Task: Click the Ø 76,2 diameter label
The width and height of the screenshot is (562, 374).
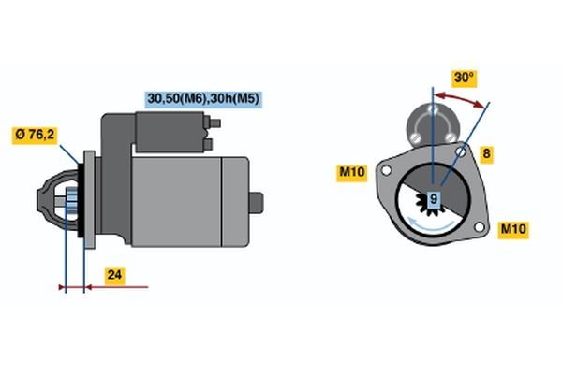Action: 35,136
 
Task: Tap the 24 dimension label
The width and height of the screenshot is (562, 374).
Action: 114,276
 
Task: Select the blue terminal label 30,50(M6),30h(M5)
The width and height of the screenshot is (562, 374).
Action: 203,99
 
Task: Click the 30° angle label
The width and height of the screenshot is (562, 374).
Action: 464,78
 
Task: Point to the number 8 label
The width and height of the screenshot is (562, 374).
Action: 486,154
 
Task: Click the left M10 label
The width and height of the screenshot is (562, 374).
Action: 351,172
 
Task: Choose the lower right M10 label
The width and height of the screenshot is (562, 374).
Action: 513,229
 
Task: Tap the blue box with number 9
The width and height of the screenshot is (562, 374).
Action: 434,199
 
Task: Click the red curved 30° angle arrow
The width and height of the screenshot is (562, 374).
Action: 459,99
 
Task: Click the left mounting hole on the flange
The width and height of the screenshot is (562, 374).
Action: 386,171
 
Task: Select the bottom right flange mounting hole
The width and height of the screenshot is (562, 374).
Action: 479,226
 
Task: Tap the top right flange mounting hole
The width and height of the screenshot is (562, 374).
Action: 461,151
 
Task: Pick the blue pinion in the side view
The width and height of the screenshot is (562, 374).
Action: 72,199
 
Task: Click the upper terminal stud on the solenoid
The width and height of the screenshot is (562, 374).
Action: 214,123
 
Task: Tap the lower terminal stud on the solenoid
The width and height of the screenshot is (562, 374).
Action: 208,145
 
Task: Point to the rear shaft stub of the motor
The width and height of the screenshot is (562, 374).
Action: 256,203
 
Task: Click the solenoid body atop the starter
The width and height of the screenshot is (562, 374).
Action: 170,132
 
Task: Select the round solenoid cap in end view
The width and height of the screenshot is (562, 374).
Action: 433,125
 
